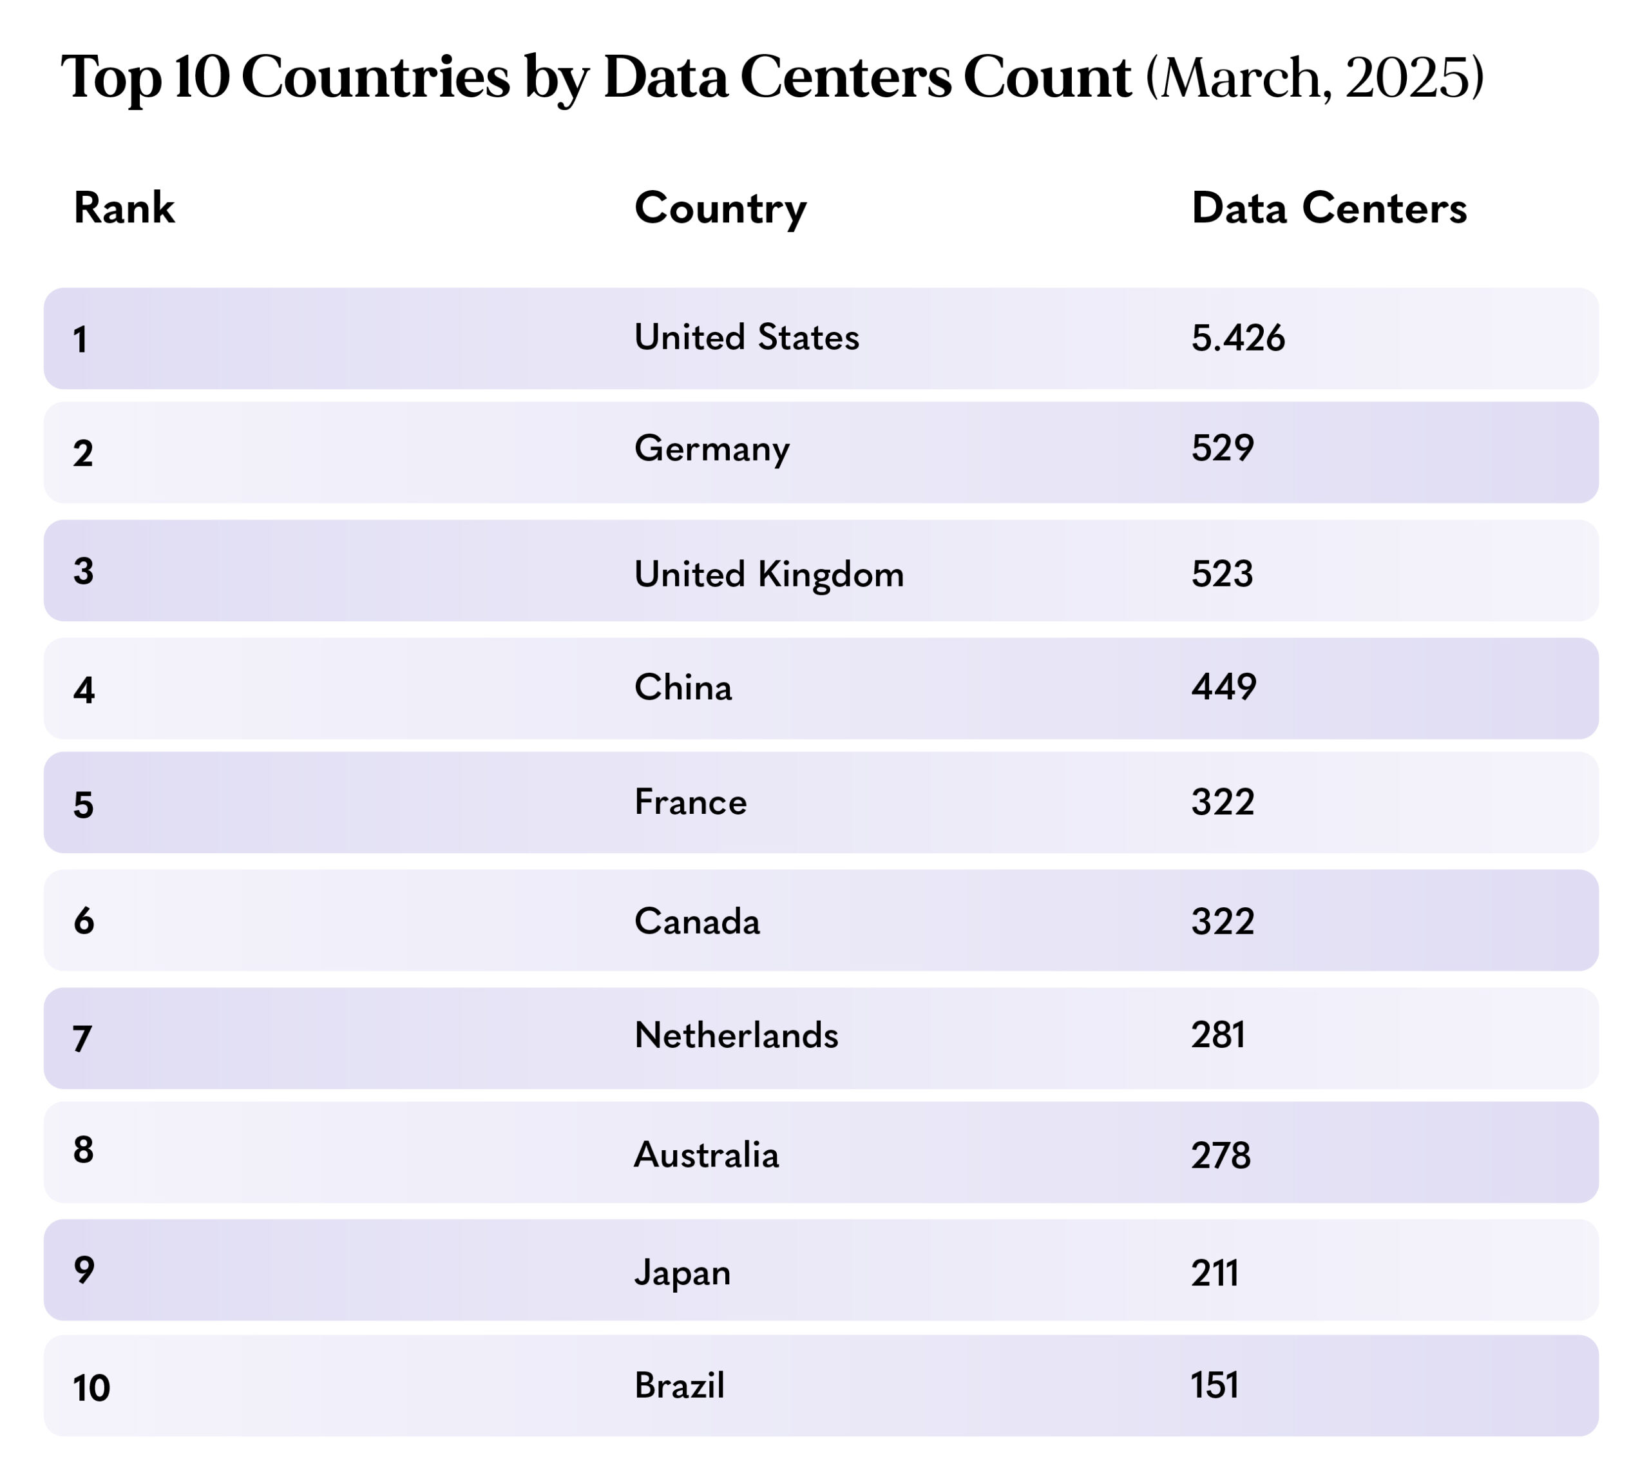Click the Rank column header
click(124, 208)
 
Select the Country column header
click(721, 209)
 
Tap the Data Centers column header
click(1329, 208)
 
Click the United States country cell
click(747, 338)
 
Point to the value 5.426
click(1237, 338)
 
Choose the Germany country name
click(712, 449)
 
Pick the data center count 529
click(1222, 448)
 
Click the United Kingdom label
click(768, 575)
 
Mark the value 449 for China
click(1223, 688)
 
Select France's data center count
click(1223, 802)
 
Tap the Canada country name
click(697, 921)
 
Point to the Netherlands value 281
click(1218, 1036)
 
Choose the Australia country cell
click(706, 1155)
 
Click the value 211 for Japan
click(1215, 1273)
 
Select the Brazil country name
click(679, 1385)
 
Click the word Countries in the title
click(376, 78)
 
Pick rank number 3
click(83, 572)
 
